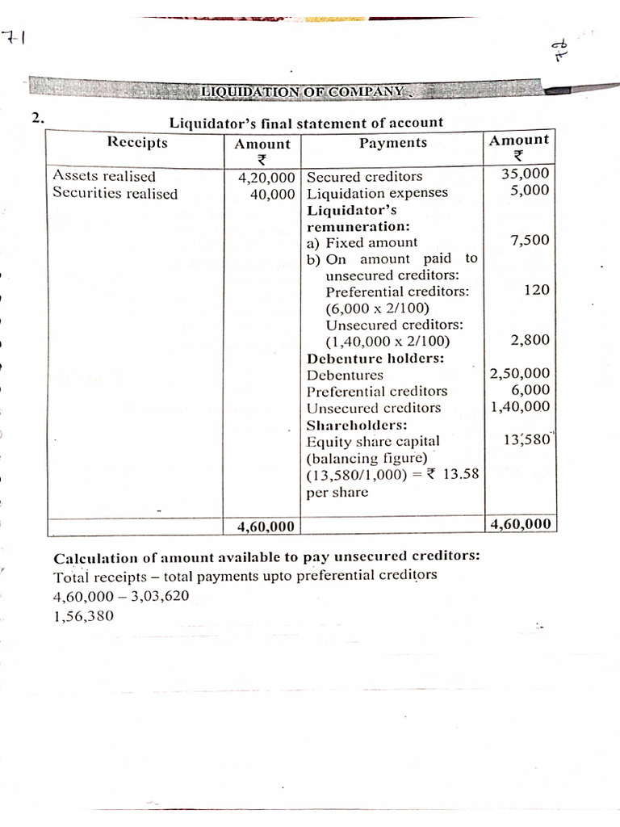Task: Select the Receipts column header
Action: click(x=137, y=143)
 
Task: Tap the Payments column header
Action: click(x=392, y=143)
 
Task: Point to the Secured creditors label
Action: click(x=365, y=176)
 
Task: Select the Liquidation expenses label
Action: click(x=377, y=194)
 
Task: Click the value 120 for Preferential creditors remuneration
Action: click(x=536, y=289)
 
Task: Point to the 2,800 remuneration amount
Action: click(x=530, y=340)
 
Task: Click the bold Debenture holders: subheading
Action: click(x=375, y=358)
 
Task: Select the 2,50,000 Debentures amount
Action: click(x=520, y=373)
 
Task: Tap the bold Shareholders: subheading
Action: click(x=357, y=425)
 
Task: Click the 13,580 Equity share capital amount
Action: click(x=526, y=440)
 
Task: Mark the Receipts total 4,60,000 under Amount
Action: click(x=266, y=527)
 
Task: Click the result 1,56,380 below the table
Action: click(x=83, y=615)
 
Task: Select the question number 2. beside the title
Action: click(x=38, y=119)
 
